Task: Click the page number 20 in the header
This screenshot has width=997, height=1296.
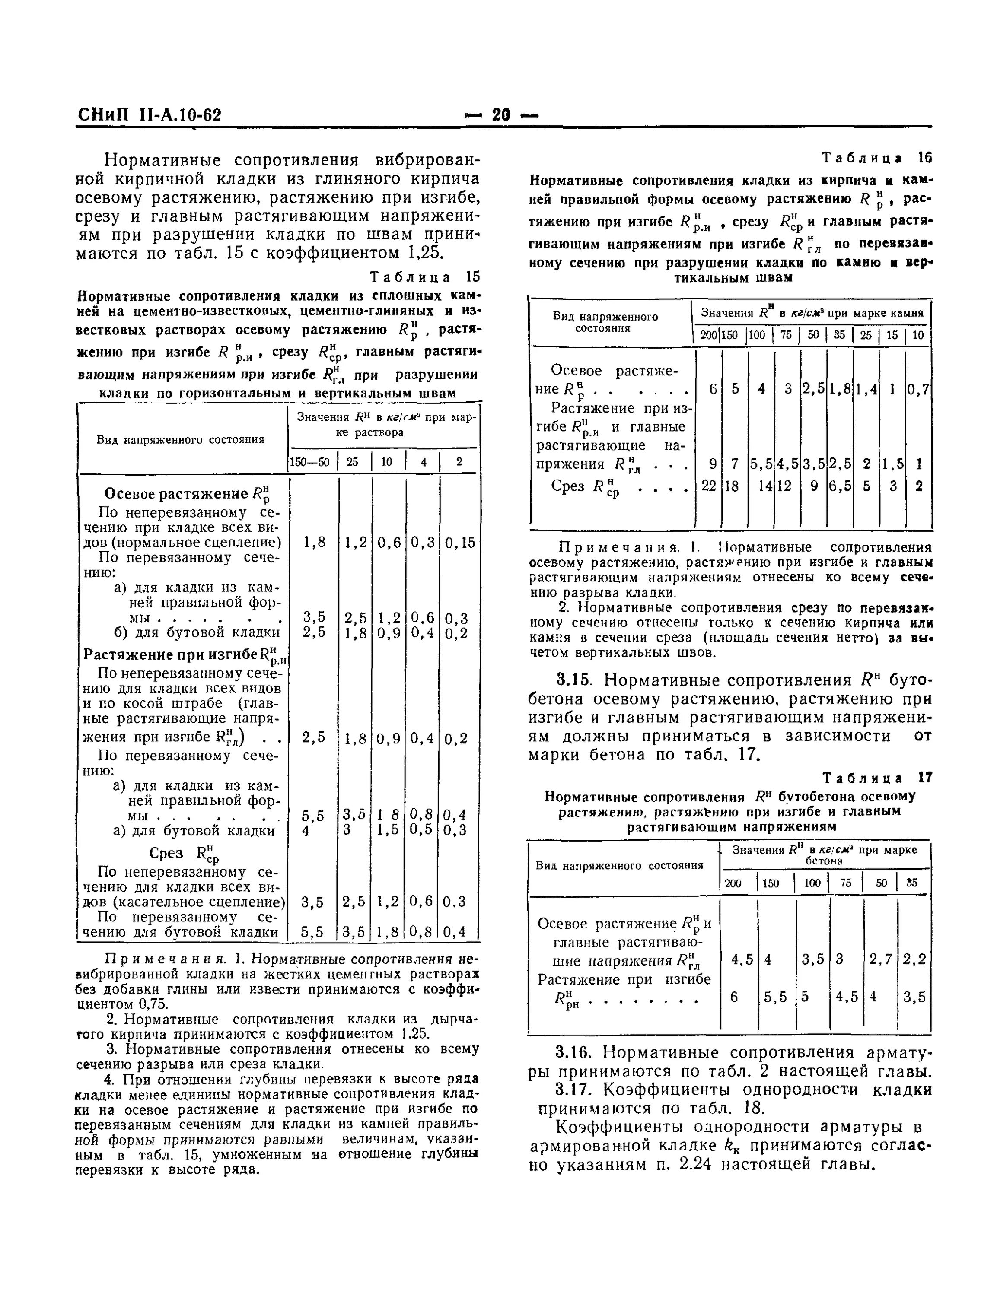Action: (501, 114)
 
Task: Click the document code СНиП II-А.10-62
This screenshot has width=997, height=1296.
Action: (149, 114)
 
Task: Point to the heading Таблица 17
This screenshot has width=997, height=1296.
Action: (878, 778)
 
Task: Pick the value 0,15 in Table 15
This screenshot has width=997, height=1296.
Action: (460, 542)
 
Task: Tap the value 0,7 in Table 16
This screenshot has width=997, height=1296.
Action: (918, 389)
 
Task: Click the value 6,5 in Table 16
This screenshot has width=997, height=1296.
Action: (840, 486)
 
